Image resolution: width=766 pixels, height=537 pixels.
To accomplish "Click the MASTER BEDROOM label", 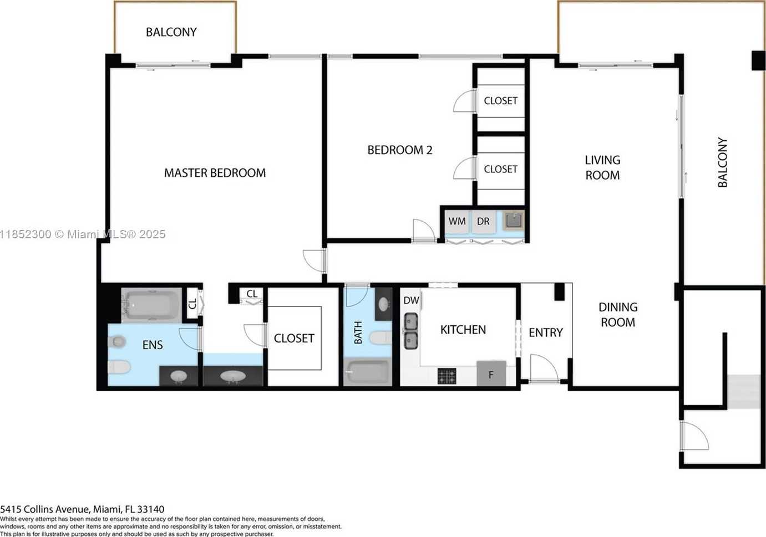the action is (x=215, y=173).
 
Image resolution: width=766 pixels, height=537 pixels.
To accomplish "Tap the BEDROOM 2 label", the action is (x=400, y=150).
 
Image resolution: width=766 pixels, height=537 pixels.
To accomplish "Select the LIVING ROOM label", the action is (x=602, y=167).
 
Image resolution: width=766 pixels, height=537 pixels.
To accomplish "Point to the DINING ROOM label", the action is (x=618, y=315).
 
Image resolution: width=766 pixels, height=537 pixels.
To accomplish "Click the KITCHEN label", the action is (x=463, y=330).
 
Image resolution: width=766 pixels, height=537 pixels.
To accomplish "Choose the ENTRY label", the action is (x=546, y=333).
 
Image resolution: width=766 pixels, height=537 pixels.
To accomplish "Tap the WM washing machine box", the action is (x=457, y=222).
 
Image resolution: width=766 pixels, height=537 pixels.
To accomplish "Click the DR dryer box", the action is (x=483, y=222).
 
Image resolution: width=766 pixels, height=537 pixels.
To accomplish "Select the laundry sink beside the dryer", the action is (x=514, y=221).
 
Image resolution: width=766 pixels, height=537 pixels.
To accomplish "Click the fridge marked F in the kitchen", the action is (x=491, y=374).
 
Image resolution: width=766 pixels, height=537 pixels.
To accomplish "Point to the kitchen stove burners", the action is (x=447, y=376).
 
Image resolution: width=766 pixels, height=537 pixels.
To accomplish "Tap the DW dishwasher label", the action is (x=411, y=300).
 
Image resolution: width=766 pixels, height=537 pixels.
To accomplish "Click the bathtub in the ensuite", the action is (x=151, y=305).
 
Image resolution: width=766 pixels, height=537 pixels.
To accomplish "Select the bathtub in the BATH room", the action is (x=368, y=371).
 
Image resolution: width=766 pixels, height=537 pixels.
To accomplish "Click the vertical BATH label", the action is (x=358, y=333).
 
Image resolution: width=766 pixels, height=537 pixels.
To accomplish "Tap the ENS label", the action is (x=153, y=345).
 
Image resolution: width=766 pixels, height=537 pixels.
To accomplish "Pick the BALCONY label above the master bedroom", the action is (x=171, y=32).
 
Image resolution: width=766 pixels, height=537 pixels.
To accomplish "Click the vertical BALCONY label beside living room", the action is (x=722, y=162).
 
